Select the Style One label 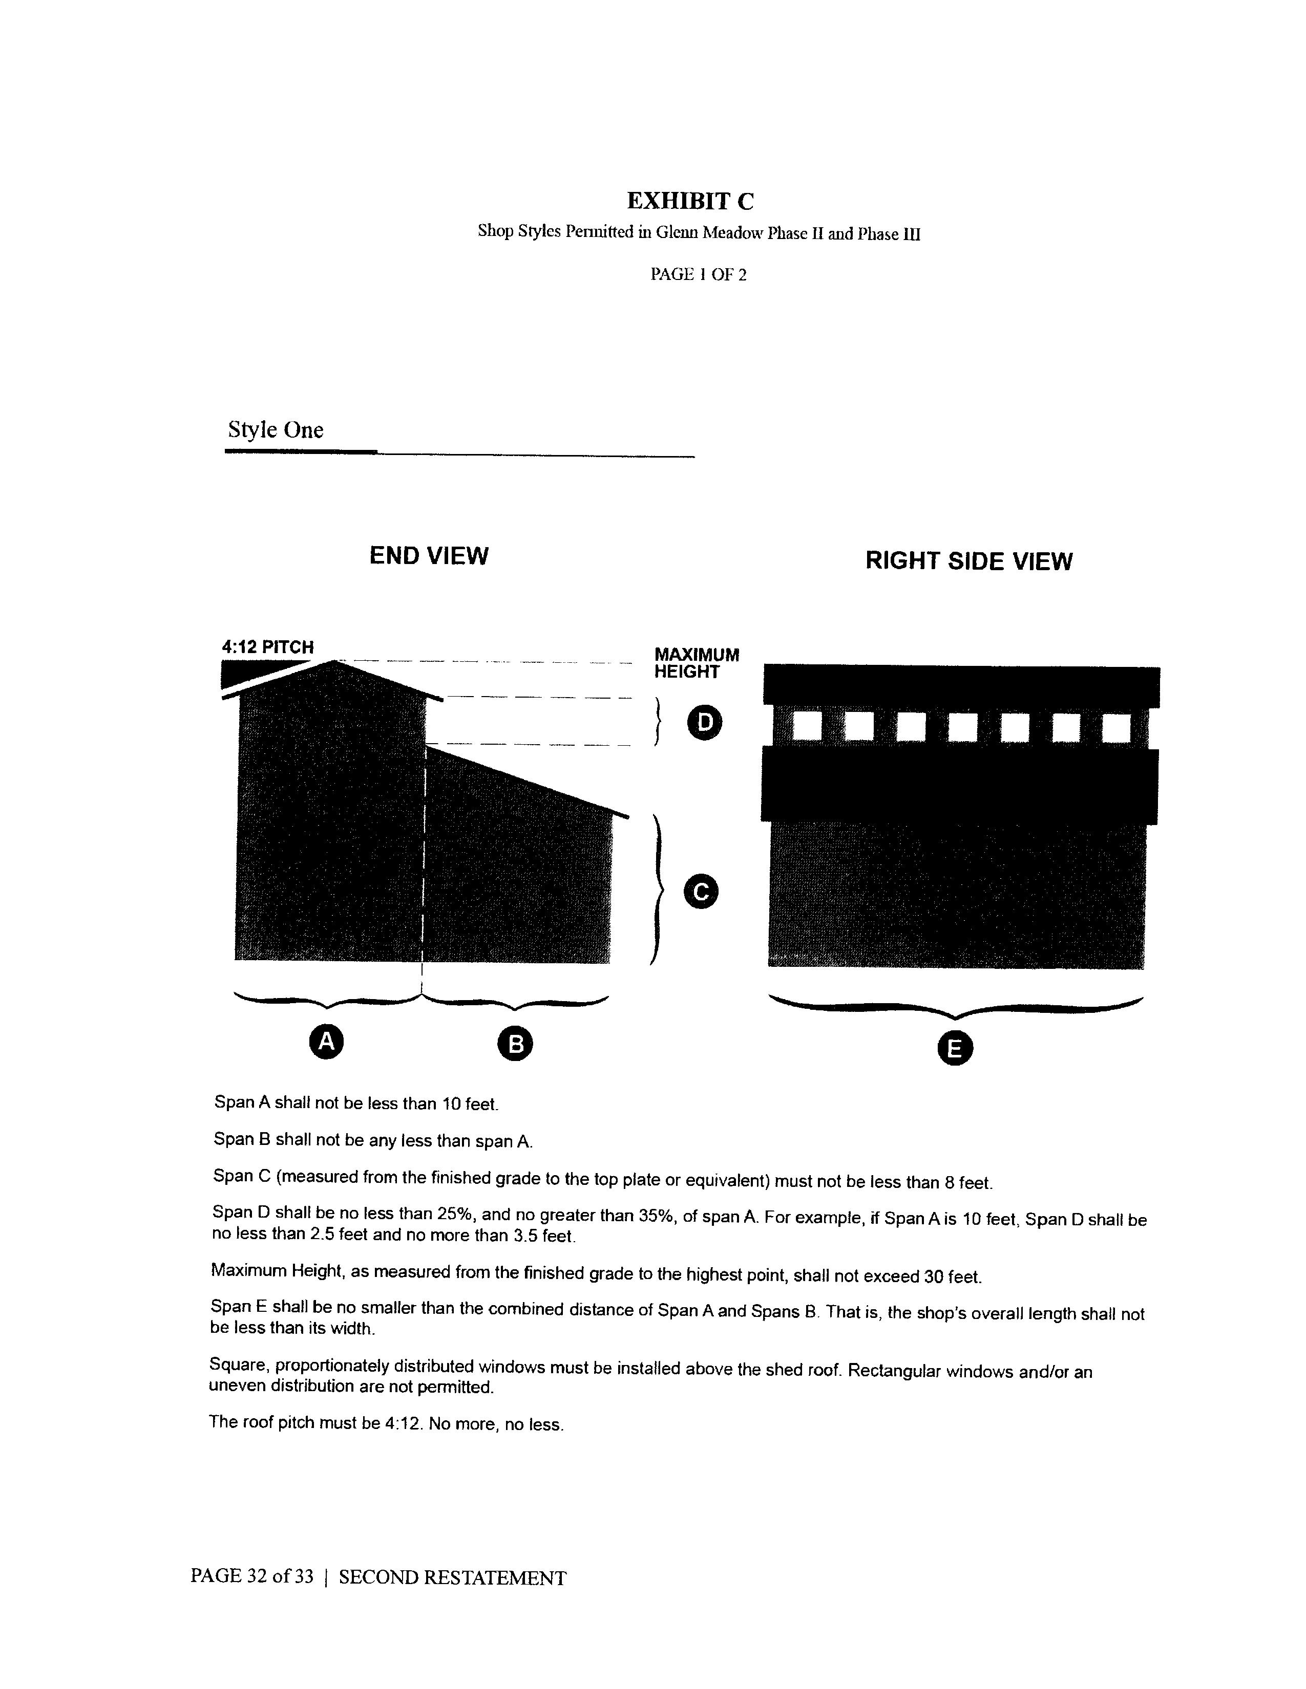(x=276, y=430)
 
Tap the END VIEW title (x=429, y=555)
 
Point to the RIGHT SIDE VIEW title (x=968, y=560)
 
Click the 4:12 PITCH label (x=268, y=646)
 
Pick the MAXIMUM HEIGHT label (x=697, y=663)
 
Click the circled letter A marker (x=327, y=1041)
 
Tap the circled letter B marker (x=516, y=1045)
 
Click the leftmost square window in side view (x=807, y=727)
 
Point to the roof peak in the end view (x=334, y=661)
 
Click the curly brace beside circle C (x=658, y=890)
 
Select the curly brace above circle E (x=956, y=1007)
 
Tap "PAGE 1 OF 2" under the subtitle (x=698, y=274)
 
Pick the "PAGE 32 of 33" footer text (x=252, y=1577)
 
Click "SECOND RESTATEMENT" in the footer (x=453, y=1577)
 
